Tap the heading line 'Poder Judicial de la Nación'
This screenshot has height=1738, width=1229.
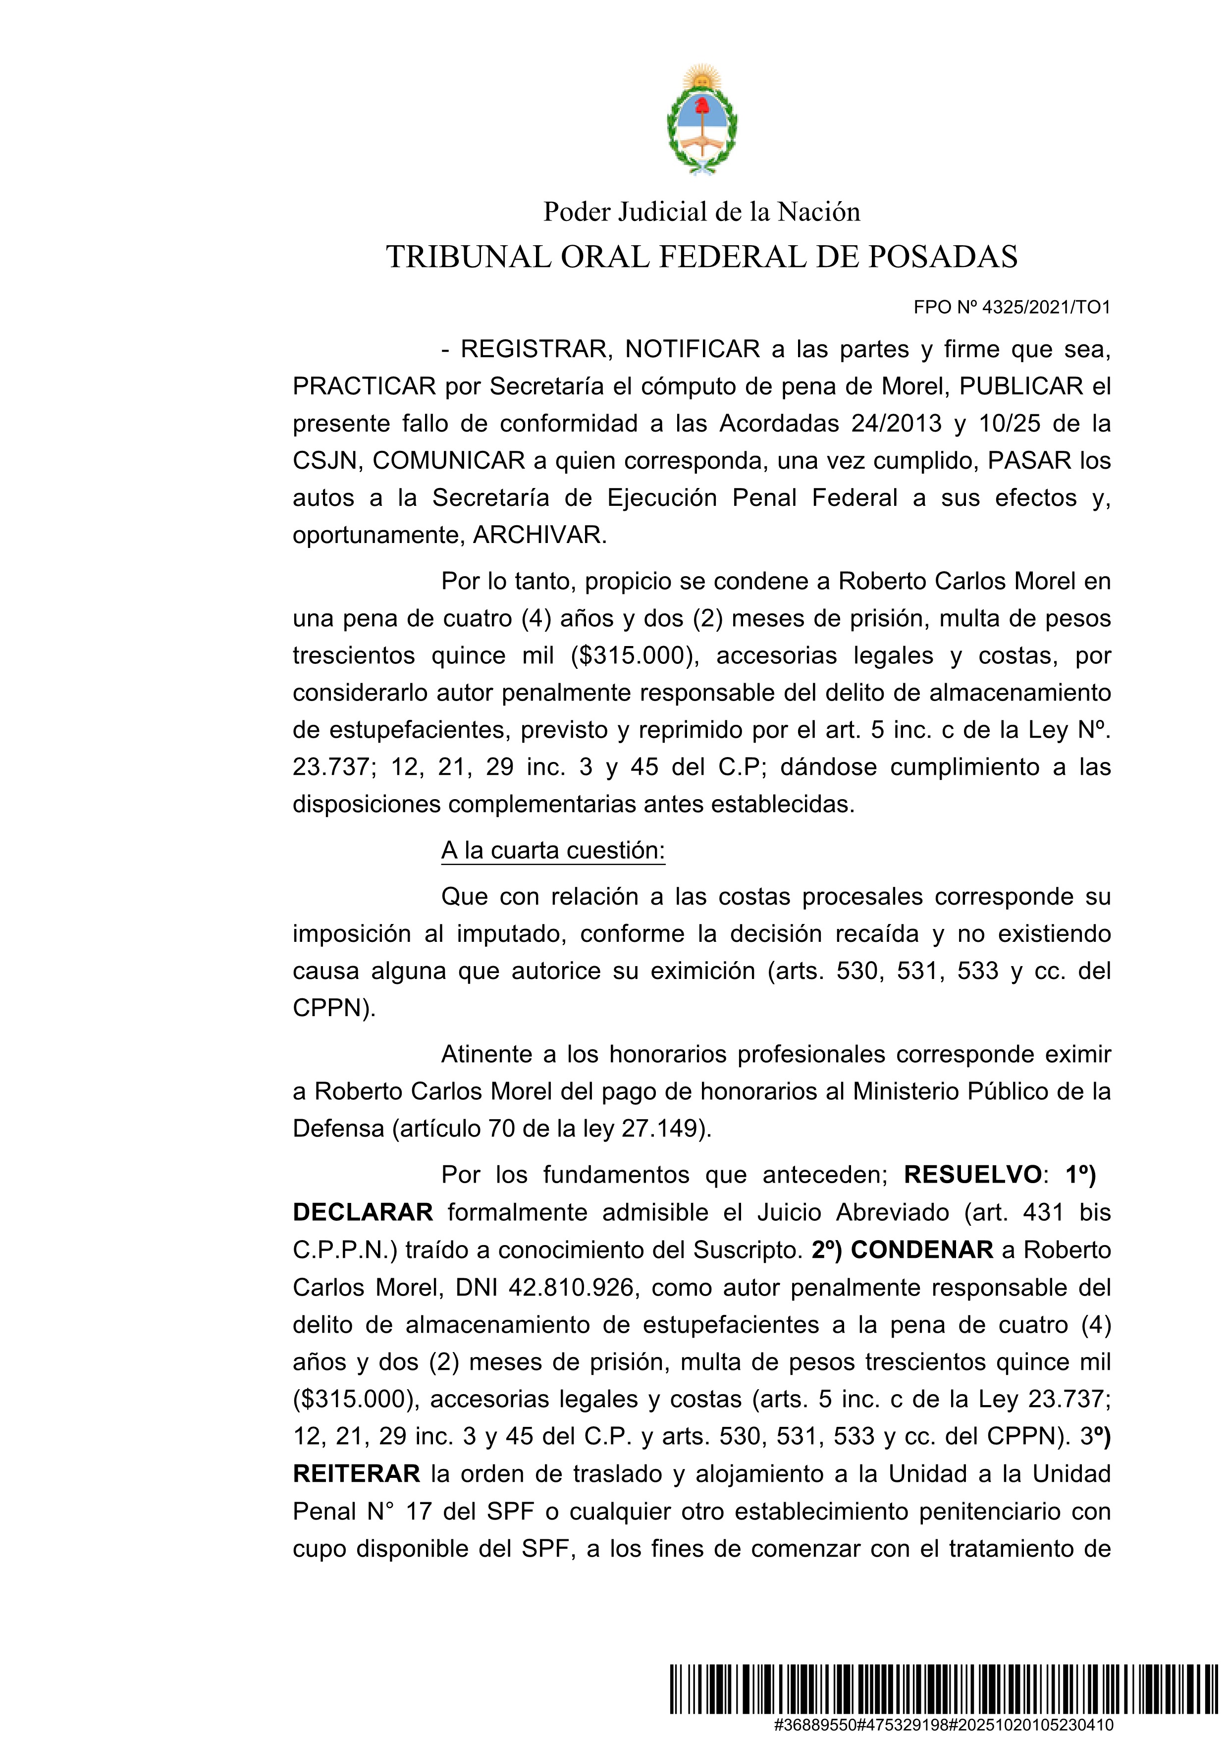click(x=701, y=212)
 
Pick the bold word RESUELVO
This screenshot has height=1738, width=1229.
click(x=972, y=1174)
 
